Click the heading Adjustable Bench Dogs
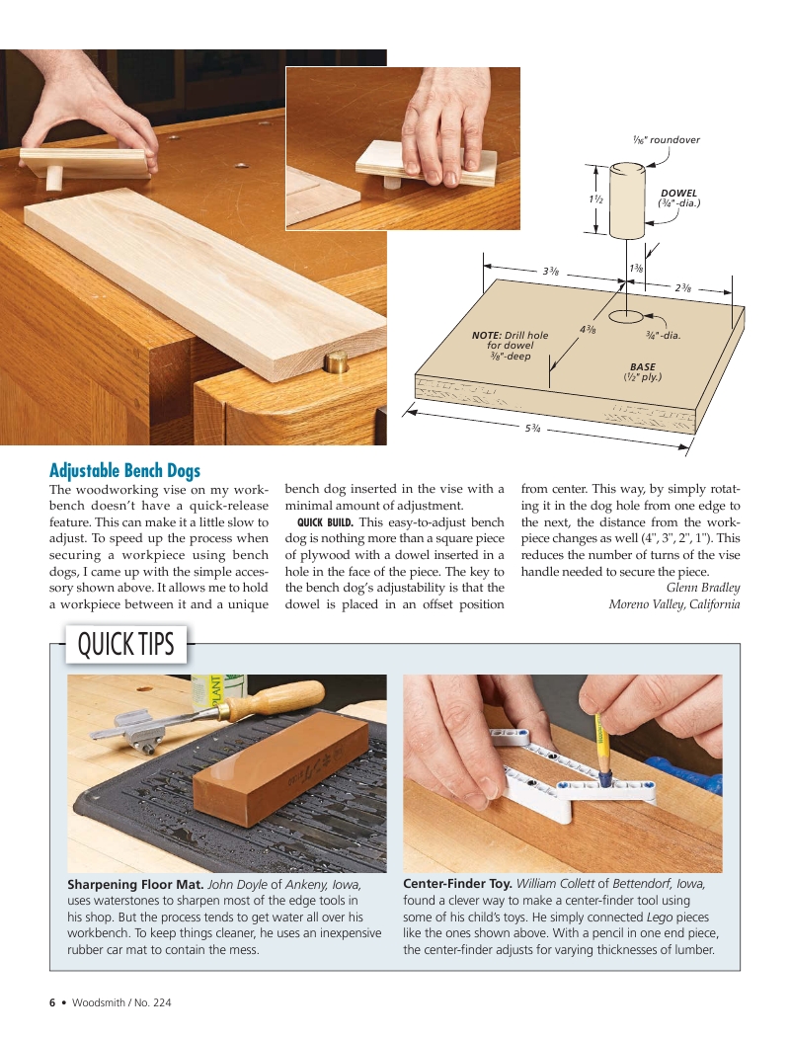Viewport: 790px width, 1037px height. click(x=124, y=471)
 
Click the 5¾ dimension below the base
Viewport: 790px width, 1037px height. click(x=532, y=427)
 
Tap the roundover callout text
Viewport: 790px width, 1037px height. click(x=667, y=139)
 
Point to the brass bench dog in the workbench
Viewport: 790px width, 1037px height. click(x=336, y=359)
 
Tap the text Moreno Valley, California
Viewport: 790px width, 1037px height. click(x=673, y=604)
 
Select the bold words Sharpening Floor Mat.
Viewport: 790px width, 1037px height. click(x=135, y=884)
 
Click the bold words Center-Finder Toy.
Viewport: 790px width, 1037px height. click(x=457, y=884)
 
